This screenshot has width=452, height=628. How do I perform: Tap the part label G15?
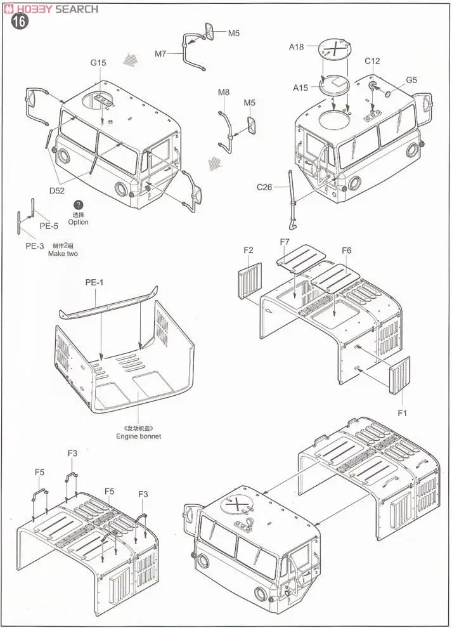pyautogui.click(x=98, y=63)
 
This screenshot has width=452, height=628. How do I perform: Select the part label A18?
pyautogui.click(x=297, y=46)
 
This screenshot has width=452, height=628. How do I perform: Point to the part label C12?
pyautogui.click(x=372, y=62)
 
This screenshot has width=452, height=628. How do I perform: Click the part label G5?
pyautogui.click(x=411, y=80)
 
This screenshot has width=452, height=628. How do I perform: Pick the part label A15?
pyautogui.click(x=300, y=88)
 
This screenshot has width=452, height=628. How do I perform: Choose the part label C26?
pyautogui.click(x=264, y=186)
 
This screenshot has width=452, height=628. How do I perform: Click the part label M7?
pyautogui.click(x=161, y=54)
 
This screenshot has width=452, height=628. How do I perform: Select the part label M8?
pyautogui.click(x=224, y=93)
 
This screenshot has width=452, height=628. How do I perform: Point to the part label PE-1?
pyautogui.click(x=94, y=282)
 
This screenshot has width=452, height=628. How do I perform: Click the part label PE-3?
pyautogui.click(x=34, y=246)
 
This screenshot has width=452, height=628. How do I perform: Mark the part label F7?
pyautogui.click(x=285, y=242)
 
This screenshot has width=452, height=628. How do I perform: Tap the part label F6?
pyautogui.click(x=346, y=251)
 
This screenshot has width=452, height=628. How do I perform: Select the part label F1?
pyautogui.click(x=401, y=413)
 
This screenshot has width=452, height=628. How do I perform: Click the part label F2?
pyautogui.click(x=249, y=251)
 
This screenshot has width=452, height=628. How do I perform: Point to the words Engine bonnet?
pyautogui.click(x=138, y=436)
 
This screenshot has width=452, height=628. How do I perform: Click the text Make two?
pyautogui.click(x=63, y=253)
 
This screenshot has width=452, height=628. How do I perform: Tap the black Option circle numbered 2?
pyautogui.click(x=78, y=206)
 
